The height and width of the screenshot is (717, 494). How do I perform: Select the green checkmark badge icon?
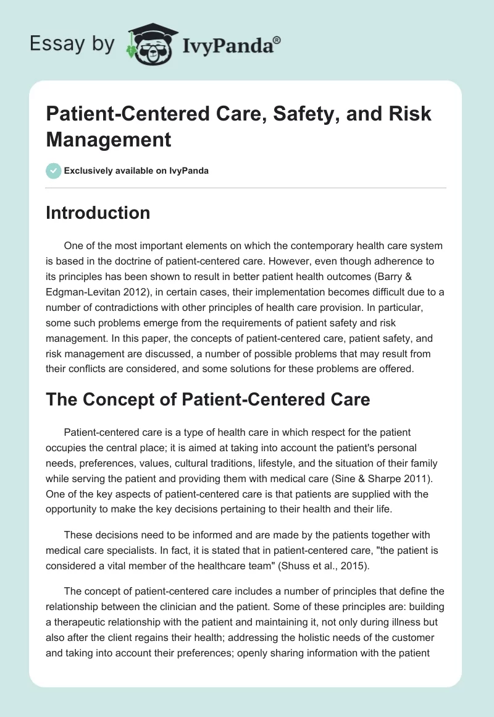(53, 171)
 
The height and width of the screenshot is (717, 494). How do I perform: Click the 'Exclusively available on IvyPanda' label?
(137, 171)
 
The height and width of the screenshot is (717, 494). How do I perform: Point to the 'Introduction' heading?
(98, 213)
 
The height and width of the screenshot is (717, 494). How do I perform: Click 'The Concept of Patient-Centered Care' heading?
(208, 399)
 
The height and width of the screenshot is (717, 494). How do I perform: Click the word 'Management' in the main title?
(109, 139)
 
